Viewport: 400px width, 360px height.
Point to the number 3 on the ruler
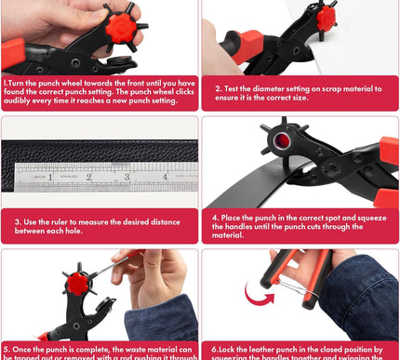tap(127, 174)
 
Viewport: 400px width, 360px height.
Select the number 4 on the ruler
tap(165, 174)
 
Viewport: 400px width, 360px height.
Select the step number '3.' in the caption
tap(18, 221)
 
